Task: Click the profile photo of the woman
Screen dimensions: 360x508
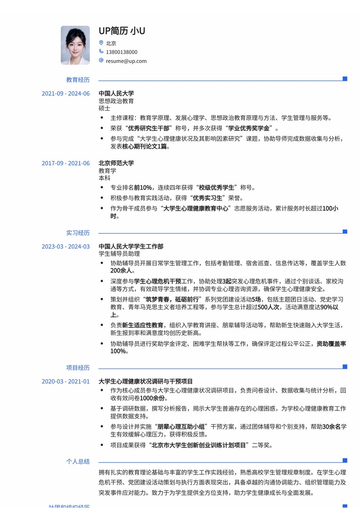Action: pyautogui.click(x=75, y=45)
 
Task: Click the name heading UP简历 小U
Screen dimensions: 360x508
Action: pyautogui.click(x=121, y=31)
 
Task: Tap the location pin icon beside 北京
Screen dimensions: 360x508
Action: pyautogui.click(x=101, y=43)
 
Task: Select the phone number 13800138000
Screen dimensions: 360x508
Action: pyautogui.click(x=121, y=52)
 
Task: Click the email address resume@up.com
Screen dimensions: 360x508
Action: pyautogui.click(x=126, y=61)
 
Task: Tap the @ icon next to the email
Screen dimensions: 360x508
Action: pyautogui.click(x=101, y=61)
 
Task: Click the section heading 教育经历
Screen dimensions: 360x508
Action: pyautogui.click(x=78, y=80)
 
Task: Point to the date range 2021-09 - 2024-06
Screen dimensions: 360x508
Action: pyautogui.click(x=66, y=94)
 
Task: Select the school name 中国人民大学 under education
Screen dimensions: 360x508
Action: pyautogui.click(x=116, y=94)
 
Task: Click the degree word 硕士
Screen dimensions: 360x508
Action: pyautogui.click(x=104, y=108)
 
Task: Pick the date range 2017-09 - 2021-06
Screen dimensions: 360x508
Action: pyautogui.click(x=66, y=163)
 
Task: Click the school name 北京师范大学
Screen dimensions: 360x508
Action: pyautogui.click(x=116, y=163)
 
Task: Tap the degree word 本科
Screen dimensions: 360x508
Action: pyautogui.click(x=104, y=178)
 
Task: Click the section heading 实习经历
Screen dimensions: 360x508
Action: pyautogui.click(x=78, y=233)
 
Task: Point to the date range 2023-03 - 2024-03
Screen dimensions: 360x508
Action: pyautogui.click(x=66, y=246)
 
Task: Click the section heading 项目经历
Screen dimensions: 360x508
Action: pyautogui.click(x=78, y=368)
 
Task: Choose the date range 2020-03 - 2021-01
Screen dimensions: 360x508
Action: pyautogui.click(x=66, y=381)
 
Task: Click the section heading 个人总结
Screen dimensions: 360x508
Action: pyautogui.click(x=78, y=461)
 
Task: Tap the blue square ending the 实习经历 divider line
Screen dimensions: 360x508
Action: pyautogui.click(x=345, y=232)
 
